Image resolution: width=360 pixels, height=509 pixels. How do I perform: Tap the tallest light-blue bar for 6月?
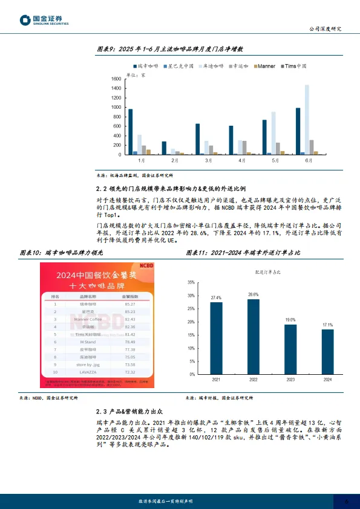click(306, 120)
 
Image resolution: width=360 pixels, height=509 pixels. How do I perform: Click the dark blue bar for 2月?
click(163, 148)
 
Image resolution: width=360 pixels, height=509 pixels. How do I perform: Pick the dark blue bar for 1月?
click(130, 132)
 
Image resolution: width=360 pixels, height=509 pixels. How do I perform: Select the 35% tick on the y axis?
click(191, 282)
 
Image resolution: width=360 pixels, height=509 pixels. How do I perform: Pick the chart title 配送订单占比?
click(268, 273)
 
